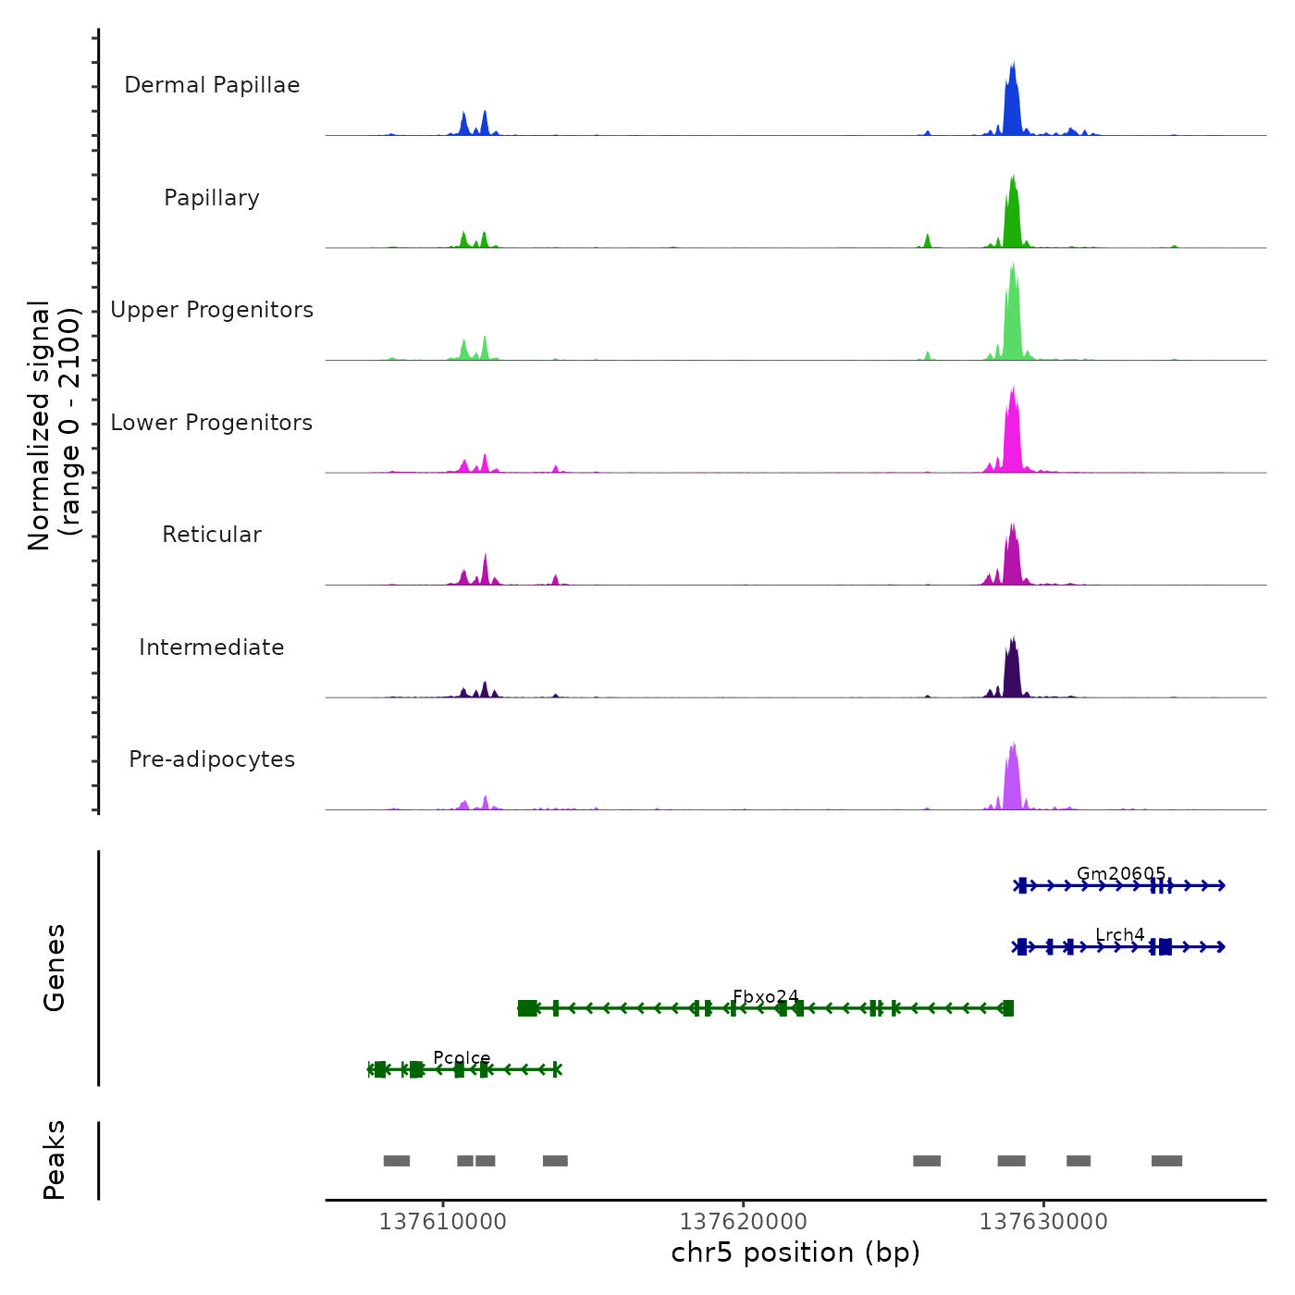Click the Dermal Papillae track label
[x=212, y=85]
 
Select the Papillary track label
[x=212, y=198]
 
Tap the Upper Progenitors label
[x=212, y=310]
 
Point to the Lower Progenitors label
[x=212, y=423]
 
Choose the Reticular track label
[x=212, y=535]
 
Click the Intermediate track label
[x=212, y=647]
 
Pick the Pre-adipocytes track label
[x=212, y=759]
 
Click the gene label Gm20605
[x=1121, y=873]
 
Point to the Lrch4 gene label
[x=1120, y=935]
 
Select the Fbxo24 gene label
[x=766, y=996]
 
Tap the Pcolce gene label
[x=462, y=1058]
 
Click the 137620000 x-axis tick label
[x=743, y=1222]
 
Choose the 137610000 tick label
[x=443, y=1222]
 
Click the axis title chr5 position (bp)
[x=795, y=1252]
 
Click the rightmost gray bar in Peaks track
[x=1166, y=1161]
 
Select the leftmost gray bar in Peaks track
[x=397, y=1161]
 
